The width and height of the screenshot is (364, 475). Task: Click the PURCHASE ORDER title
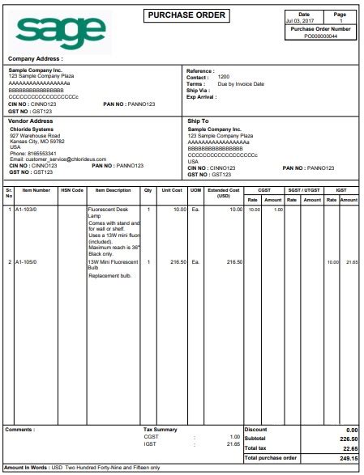(x=187, y=15)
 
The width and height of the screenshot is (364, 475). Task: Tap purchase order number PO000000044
(x=320, y=36)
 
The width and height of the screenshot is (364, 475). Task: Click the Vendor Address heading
(x=30, y=121)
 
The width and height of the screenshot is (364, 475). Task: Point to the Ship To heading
(x=199, y=121)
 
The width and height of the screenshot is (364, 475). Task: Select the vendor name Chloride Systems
(x=32, y=129)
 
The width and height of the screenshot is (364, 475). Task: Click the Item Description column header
(x=113, y=190)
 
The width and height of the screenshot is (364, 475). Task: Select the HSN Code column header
(x=71, y=190)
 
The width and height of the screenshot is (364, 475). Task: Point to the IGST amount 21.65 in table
(x=350, y=262)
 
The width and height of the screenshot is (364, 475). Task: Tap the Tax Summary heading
(x=159, y=429)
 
